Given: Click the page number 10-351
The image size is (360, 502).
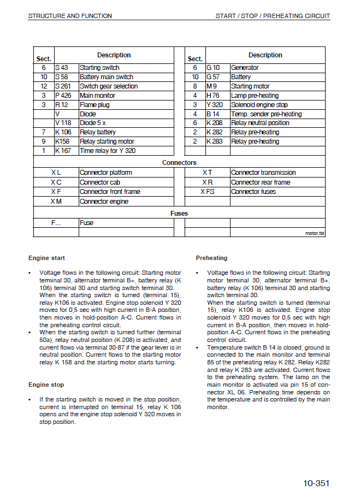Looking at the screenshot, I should click(317, 483).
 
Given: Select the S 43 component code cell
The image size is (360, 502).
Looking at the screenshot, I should click(61, 68).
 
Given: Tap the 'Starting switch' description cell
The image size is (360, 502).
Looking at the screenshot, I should click(99, 68).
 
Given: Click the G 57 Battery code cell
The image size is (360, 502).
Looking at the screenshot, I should click(213, 77).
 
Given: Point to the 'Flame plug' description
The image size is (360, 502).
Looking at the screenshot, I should click(95, 105).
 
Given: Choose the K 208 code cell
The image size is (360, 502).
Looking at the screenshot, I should click(214, 123).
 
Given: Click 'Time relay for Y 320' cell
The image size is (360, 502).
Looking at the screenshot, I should click(108, 151).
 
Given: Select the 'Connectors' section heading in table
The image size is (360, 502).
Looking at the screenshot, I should click(179, 163).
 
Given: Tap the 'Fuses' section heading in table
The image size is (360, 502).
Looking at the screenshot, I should click(179, 214).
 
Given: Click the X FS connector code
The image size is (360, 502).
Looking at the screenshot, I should click(207, 192).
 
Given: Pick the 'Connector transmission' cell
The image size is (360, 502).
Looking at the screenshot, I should click(263, 173).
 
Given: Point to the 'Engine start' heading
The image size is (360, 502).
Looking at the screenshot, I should click(46, 258).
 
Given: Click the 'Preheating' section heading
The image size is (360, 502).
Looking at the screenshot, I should click(211, 258).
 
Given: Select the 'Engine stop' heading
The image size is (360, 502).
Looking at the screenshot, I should click(46, 385).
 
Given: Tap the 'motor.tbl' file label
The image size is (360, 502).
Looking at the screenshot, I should click(315, 233).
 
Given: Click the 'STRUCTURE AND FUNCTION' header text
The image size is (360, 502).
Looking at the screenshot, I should click(70, 16).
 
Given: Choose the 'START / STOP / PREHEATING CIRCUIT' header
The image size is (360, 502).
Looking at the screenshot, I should click(273, 16).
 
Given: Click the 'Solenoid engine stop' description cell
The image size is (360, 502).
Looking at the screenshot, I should click(259, 105).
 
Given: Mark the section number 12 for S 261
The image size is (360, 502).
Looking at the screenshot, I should click(44, 86).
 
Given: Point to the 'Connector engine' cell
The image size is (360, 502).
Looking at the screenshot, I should click(104, 202).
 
